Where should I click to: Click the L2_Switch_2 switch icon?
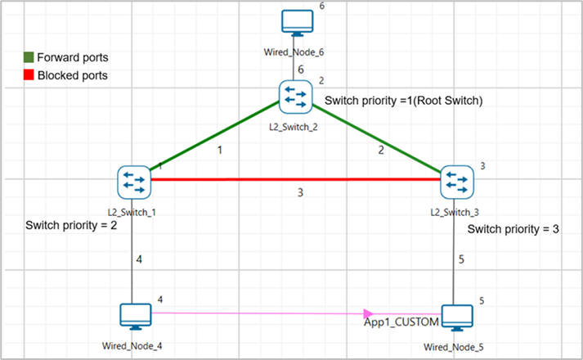[x=294, y=97]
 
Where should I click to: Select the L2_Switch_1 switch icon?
[x=132, y=182]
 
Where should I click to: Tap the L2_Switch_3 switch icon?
[x=455, y=182]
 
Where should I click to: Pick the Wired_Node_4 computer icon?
[x=134, y=316]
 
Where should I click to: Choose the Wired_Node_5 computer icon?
[x=456, y=317]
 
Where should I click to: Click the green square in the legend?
[x=28, y=58]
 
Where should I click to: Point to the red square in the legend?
[x=28, y=75]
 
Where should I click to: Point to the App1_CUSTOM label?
[x=401, y=322]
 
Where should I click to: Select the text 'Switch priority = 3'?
[x=513, y=230]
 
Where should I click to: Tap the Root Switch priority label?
[x=404, y=101]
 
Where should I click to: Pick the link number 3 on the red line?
[x=300, y=193]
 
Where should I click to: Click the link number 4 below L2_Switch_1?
[x=139, y=260]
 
